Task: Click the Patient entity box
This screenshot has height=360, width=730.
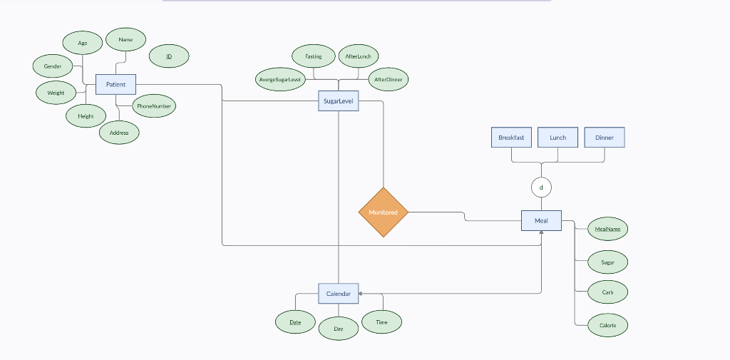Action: [x=115, y=84]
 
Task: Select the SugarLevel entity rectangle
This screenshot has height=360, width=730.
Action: [x=339, y=101]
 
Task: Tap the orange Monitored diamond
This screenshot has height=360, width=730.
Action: [x=384, y=212]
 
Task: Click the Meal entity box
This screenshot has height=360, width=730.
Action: [x=541, y=221]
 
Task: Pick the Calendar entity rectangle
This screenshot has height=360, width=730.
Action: [x=339, y=294]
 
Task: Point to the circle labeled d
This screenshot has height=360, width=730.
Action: [x=541, y=187]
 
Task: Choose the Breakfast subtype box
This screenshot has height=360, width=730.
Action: [x=511, y=138]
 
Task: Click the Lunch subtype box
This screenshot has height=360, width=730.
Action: [x=557, y=138]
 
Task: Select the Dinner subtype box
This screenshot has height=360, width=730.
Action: [x=605, y=138]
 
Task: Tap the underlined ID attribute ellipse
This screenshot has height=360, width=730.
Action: [x=169, y=56]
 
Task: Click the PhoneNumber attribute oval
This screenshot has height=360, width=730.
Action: [x=154, y=106]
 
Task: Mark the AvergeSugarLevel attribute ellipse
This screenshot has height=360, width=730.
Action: [x=280, y=79]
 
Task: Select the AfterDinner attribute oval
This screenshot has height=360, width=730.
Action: [x=389, y=79]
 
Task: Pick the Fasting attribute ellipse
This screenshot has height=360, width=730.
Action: [x=314, y=56]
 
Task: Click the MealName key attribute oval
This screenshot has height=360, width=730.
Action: [x=607, y=229]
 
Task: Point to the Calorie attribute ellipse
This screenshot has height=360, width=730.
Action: [x=607, y=325]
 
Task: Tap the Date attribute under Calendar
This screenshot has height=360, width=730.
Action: [x=295, y=322]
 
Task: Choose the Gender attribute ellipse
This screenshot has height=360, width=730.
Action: [x=53, y=66]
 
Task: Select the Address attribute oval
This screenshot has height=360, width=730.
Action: [x=119, y=133]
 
